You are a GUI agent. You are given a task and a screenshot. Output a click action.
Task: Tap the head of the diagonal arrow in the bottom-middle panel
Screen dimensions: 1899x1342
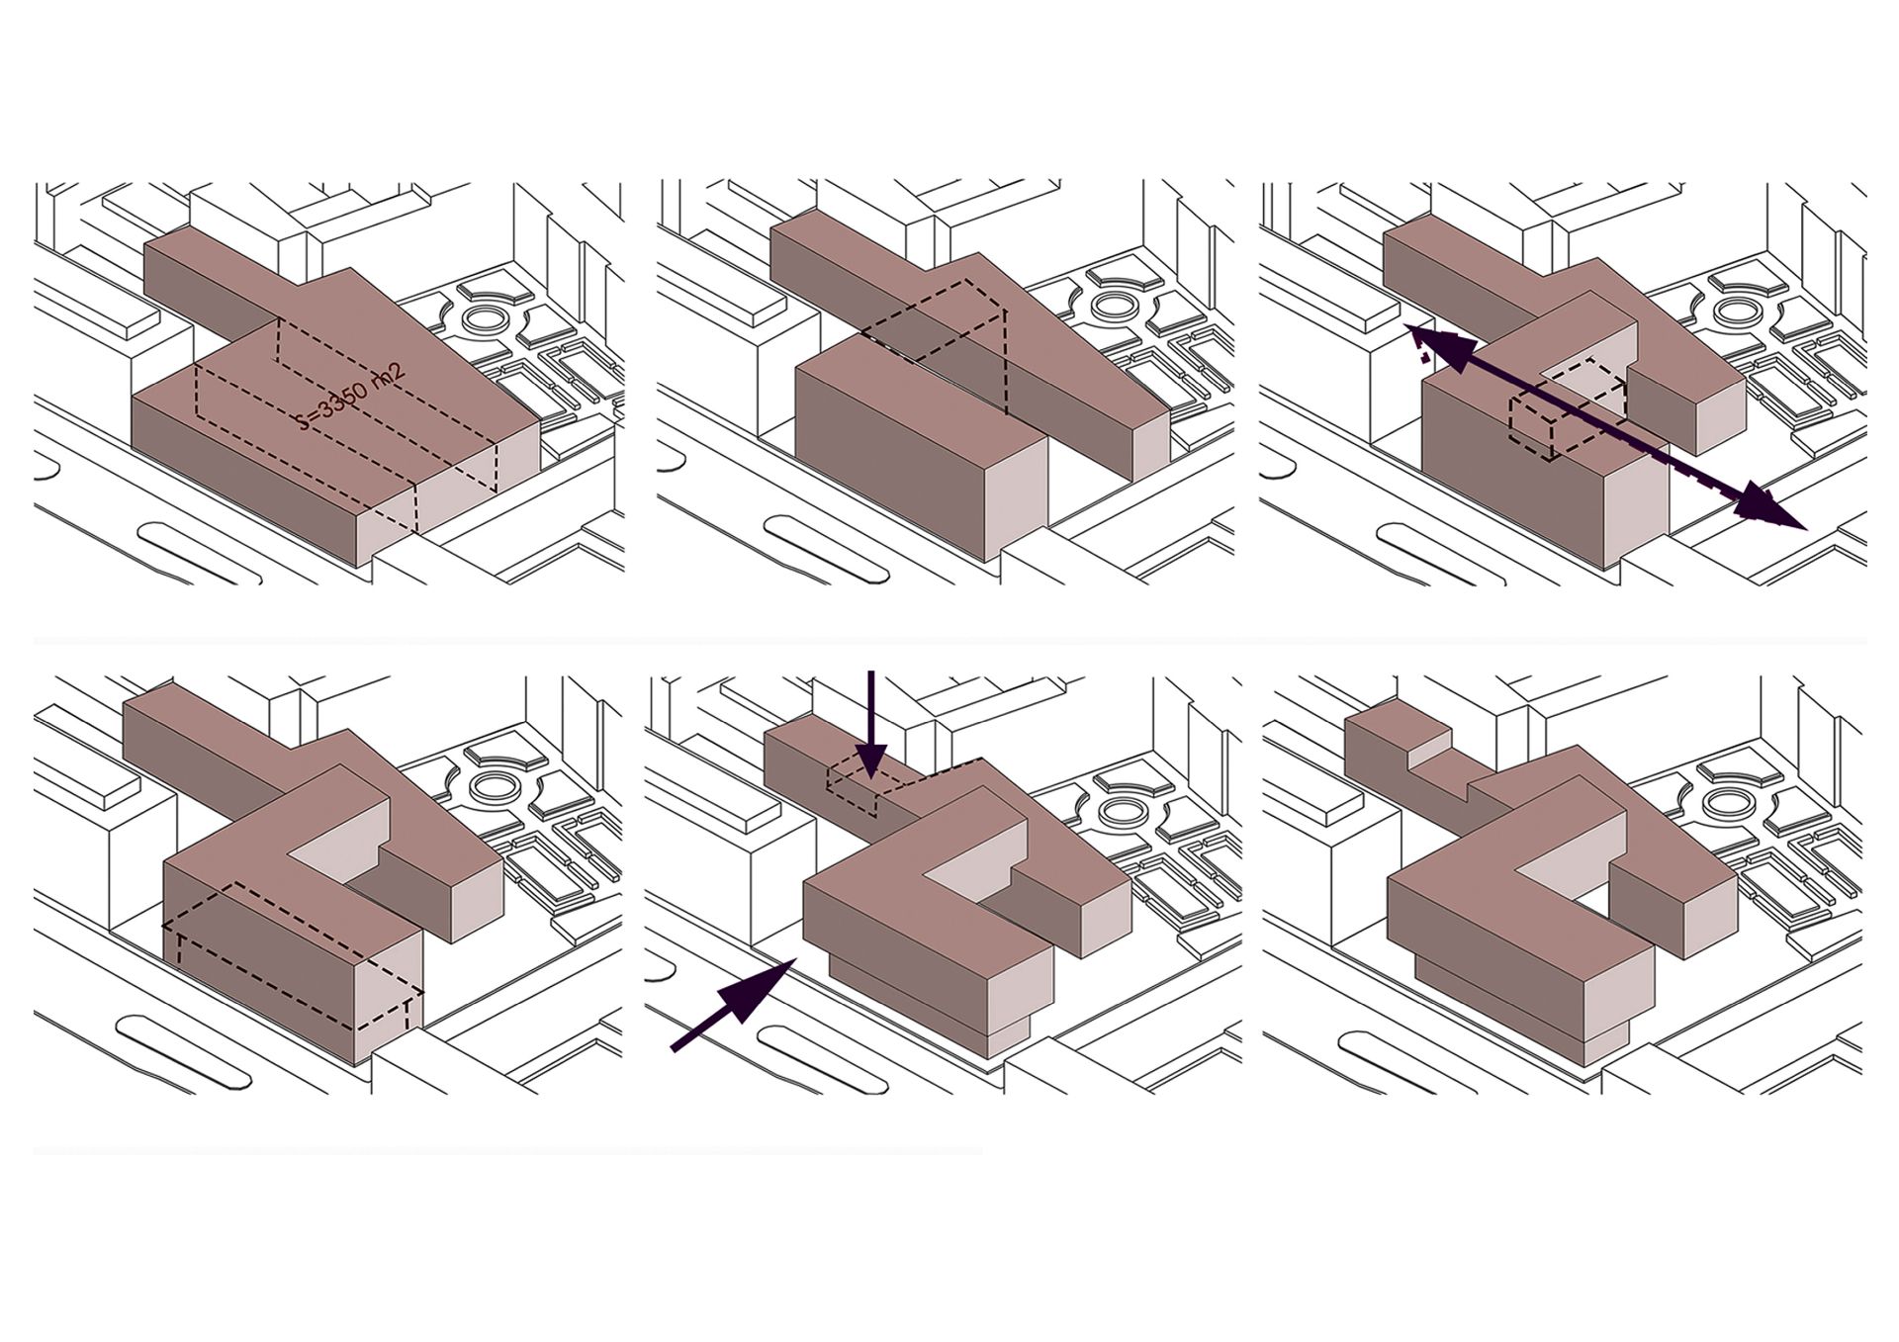tap(767, 985)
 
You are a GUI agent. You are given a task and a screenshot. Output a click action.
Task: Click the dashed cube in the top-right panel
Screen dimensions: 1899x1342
tap(1568, 408)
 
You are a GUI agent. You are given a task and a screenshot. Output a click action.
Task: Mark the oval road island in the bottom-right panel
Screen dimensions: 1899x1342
tap(1396, 1057)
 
